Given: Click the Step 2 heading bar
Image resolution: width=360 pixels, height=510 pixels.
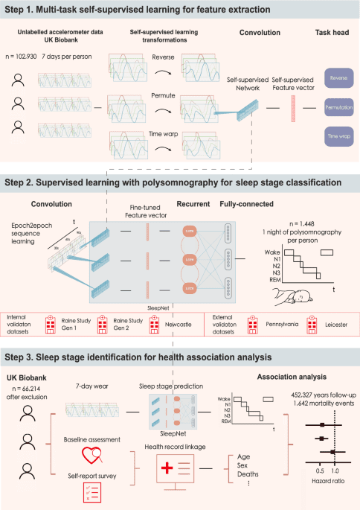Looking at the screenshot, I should coord(180,183).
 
